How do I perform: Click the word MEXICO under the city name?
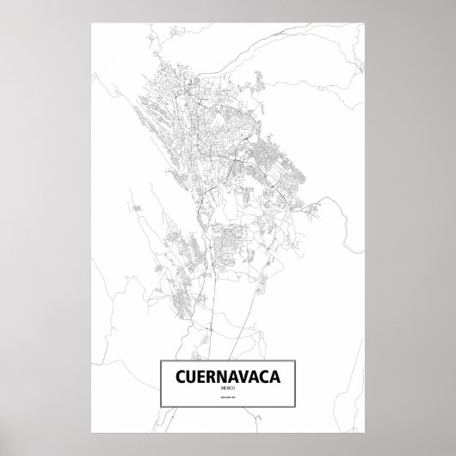click(x=228, y=391)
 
